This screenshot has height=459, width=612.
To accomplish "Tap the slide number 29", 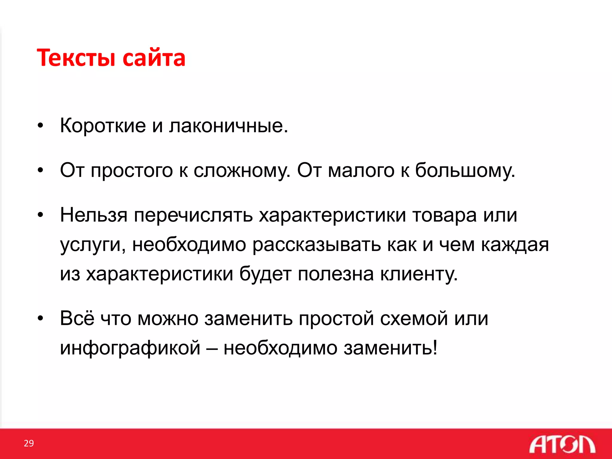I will coord(29,443).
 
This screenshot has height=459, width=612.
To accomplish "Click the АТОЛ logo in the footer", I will coord(562,444).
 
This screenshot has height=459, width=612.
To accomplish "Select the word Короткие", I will coord(103,126).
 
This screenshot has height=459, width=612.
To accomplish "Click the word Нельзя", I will coord(94,215).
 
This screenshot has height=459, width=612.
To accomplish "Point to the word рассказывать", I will coord(316,245).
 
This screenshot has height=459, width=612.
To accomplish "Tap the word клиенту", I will coord(419,274).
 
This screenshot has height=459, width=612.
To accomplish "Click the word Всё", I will coord(77,318).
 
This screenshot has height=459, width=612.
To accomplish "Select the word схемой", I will coord(414,318).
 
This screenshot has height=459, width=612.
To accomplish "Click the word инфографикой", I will coord(130,348).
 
